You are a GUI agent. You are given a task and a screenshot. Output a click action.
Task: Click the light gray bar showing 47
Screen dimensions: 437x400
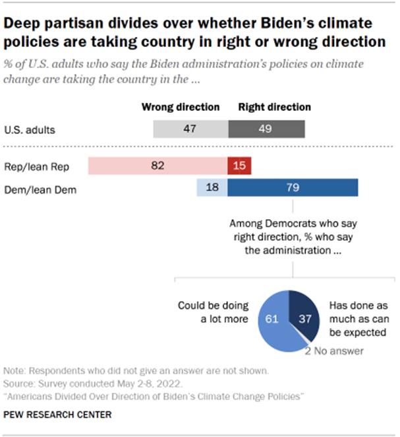pos(190,129)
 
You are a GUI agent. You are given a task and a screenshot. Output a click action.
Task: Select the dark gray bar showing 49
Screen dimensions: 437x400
pos(266,129)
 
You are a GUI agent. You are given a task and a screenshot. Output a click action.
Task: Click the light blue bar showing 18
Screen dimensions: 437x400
pos(212,188)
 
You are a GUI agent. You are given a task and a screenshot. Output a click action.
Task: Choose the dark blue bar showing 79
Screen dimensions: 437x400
pos(293,188)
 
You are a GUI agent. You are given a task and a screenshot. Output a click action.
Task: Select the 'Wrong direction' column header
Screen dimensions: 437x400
pos(181,107)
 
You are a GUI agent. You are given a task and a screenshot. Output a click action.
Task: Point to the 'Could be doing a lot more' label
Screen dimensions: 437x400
pos(214,312)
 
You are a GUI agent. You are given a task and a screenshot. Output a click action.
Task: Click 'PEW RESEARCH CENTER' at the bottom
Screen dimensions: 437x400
pos(57,415)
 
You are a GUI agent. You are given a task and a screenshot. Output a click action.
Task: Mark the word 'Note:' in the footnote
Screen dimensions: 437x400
pos(14,372)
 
